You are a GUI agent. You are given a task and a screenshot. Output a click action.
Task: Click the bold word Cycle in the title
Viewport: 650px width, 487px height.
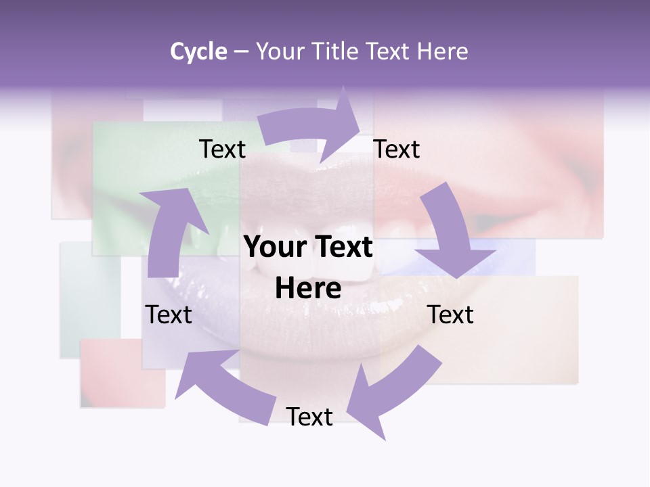[x=198, y=51]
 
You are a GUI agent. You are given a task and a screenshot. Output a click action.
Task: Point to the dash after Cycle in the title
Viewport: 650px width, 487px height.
[x=241, y=52]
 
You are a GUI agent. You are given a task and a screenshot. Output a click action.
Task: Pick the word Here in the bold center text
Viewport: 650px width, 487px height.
[x=308, y=289]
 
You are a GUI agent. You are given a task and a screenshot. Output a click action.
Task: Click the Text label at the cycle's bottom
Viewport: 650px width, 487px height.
[x=309, y=417]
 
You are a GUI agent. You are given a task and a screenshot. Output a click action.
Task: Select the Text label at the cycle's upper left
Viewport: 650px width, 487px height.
[x=222, y=149]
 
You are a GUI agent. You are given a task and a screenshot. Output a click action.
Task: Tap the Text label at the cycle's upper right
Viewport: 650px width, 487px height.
[x=397, y=149]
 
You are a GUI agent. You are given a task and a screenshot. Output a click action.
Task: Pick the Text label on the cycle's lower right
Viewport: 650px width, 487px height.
[x=450, y=315]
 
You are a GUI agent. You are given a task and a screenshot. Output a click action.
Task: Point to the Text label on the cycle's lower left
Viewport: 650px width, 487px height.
[x=169, y=315]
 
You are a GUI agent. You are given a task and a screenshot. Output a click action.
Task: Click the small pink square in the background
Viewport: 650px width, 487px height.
[x=123, y=373]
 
